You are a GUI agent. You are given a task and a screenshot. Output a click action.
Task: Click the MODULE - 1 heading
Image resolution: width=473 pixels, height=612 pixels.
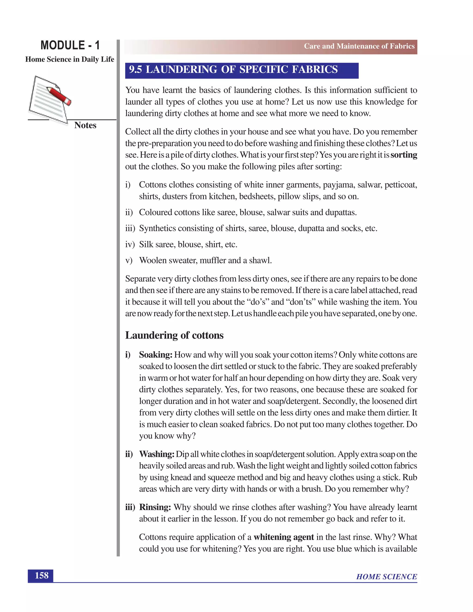[70, 45]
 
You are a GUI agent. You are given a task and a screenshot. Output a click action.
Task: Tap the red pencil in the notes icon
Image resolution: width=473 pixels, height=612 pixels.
[59, 96]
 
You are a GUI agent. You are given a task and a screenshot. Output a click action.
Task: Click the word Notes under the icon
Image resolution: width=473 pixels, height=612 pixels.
[85, 125]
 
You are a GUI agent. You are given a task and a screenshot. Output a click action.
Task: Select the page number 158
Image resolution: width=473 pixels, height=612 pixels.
[41, 576]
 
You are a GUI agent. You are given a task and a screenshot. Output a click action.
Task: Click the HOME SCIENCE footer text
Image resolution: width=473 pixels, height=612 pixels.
[386, 577]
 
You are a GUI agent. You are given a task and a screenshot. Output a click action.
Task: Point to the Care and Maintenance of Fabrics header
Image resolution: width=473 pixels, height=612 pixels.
[359, 46]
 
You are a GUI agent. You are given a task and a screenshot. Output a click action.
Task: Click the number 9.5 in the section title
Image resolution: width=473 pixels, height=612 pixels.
[136, 70]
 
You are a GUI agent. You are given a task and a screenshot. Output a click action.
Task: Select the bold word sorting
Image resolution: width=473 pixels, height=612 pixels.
[403, 155]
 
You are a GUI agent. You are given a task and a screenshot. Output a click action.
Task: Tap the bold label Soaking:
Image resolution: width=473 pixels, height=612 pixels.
[155, 355]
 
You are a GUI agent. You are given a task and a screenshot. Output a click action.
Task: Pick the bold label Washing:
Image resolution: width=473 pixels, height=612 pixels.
[157, 454]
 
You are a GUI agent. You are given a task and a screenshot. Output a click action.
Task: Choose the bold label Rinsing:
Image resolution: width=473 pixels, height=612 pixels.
[155, 507]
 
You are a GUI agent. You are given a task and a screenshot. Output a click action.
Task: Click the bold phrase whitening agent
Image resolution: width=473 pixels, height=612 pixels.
[284, 537]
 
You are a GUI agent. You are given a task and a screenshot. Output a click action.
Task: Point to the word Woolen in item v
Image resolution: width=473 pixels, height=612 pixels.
[153, 260]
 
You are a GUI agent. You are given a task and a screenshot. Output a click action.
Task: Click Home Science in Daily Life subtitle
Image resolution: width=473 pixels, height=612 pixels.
[70, 59]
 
